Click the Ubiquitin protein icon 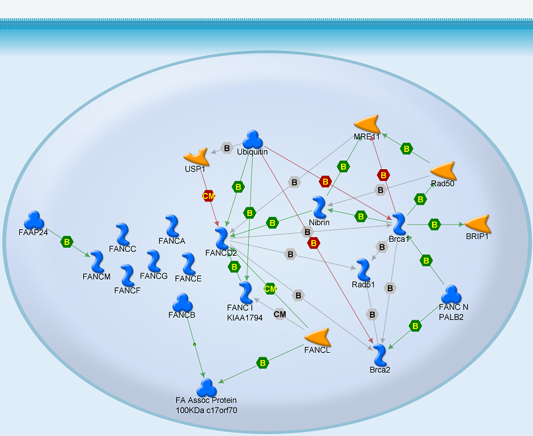point(253,139)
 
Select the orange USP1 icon point(196,157)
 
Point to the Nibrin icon point(319,207)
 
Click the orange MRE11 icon point(367,124)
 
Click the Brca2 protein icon point(379,355)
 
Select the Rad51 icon point(363,270)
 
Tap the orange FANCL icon point(317,337)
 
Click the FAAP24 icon point(33,220)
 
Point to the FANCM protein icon point(98,261)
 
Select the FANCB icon point(182,303)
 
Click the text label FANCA point(172,241)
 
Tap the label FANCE point(189,279)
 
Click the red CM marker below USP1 point(208,196)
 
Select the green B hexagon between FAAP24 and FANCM point(67,242)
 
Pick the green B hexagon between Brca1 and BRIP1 point(434,225)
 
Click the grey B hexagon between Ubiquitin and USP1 point(227,148)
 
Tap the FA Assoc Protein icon point(206,388)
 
